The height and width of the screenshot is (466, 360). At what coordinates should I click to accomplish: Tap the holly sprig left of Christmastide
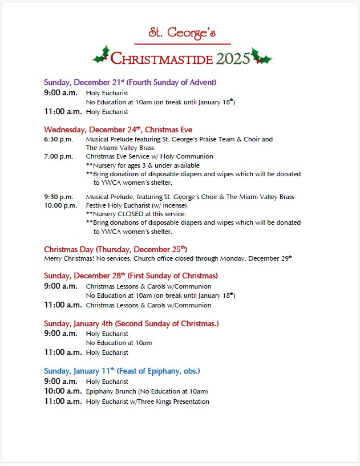click(x=102, y=55)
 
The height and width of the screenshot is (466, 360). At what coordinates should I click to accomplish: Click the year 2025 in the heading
click(x=233, y=58)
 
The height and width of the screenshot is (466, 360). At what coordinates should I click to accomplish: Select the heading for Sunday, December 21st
click(x=130, y=82)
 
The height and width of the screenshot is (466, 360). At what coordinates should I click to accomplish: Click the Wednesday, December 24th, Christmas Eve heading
click(x=118, y=129)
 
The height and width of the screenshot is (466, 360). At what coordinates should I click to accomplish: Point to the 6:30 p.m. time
click(x=58, y=139)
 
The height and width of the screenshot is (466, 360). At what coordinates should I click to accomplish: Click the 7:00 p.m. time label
click(x=58, y=156)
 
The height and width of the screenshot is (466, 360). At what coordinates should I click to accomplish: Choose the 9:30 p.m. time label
click(x=58, y=197)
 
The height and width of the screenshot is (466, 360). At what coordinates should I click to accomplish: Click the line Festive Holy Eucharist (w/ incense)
click(x=136, y=205)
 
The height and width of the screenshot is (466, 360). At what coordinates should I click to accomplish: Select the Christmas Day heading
click(x=116, y=249)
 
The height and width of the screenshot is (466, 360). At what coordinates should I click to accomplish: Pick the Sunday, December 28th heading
click(x=131, y=276)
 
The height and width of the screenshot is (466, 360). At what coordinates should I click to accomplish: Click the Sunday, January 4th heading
click(x=131, y=323)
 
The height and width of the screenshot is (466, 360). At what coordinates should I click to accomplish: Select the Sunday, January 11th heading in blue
click(x=122, y=371)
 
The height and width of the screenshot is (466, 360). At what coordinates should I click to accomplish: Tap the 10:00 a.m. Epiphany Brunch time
click(x=63, y=391)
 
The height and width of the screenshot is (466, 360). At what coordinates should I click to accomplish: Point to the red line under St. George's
click(x=182, y=43)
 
